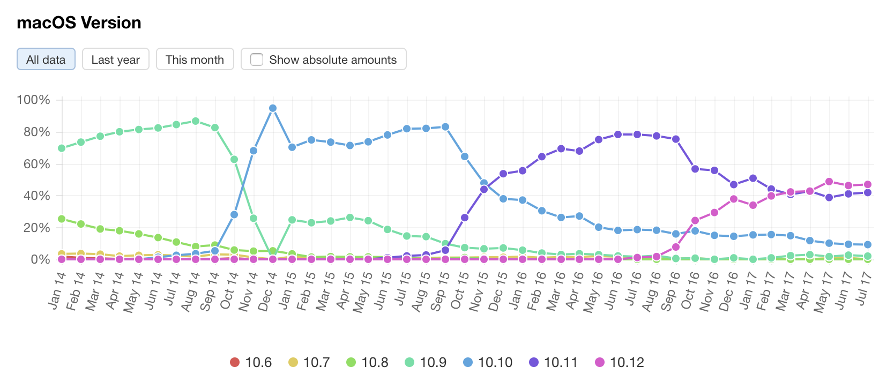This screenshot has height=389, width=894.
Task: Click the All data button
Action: coord(46,59)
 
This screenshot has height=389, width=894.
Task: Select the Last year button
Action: coord(115,59)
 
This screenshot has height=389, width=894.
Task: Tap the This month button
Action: coord(195,59)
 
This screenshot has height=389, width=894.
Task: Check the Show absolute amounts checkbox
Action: coord(257,59)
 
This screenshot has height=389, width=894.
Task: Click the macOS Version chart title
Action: coord(79,23)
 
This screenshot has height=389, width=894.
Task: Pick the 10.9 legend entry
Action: coord(426,363)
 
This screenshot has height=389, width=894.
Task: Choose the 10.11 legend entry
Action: coord(553,363)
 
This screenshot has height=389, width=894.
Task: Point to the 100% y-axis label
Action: coord(33,100)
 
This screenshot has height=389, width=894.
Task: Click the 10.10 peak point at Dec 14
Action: coord(273,108)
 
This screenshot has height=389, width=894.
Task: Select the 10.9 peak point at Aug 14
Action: coord(196,121)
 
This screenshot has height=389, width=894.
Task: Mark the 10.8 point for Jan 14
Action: coord(62,219)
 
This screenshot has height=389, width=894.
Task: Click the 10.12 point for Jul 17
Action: coord(868,184)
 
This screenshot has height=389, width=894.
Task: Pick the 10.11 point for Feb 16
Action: coord(542,156)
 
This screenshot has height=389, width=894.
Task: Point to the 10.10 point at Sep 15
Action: coord(445,127)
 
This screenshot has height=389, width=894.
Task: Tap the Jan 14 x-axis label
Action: coord(57,291)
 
